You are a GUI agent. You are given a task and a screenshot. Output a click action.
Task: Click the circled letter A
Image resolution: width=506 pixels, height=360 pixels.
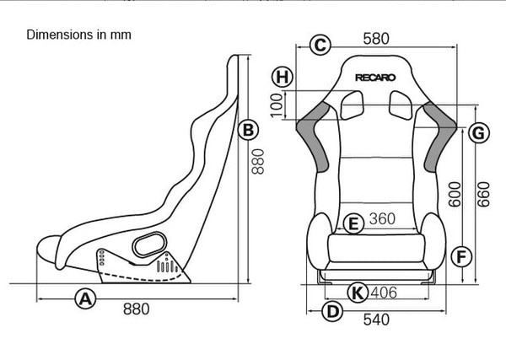coord(85,299)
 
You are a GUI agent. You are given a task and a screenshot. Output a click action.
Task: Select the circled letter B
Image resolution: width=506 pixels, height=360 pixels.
coord(248,131)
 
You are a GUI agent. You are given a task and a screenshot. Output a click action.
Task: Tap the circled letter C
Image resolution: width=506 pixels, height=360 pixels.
coord(320,45)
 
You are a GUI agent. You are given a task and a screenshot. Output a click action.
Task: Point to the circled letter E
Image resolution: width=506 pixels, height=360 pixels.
coord(353,223)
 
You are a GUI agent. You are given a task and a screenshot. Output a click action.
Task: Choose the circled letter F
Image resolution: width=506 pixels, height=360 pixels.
coord(461,257)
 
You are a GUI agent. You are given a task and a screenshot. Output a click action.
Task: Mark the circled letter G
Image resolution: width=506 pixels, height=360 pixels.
coord(478,132)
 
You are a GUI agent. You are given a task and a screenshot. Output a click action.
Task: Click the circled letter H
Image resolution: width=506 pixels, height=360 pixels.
coord(283,77)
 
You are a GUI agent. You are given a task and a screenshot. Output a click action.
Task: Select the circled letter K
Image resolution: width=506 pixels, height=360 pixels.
coord(358,293)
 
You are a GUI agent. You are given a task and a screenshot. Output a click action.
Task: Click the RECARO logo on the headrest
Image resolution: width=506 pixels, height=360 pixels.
coord(375,78)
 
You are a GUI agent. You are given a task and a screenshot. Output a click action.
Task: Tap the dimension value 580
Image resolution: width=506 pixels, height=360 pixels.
coord(376,39)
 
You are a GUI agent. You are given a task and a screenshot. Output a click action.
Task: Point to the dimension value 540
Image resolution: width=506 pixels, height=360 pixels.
coord(376,320)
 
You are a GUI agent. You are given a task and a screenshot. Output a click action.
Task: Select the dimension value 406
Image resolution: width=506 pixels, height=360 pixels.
coord(384,293)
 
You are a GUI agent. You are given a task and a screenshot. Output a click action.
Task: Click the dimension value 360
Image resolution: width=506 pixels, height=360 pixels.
coord(382,218)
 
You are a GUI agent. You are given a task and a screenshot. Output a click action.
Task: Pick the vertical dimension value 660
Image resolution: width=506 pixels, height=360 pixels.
coord(484,194)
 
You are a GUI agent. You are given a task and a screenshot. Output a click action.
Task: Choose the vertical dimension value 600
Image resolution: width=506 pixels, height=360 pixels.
coord(455,194)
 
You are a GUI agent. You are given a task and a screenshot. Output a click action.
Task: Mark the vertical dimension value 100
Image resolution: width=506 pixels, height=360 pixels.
coord(277,105)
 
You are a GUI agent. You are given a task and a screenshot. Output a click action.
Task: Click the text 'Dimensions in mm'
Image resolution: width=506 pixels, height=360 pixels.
coord(78,35)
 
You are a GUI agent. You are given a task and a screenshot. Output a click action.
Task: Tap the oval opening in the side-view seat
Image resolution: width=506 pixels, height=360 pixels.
coord(150,244)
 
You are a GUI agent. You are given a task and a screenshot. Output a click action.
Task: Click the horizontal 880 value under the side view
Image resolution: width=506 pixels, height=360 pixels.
coord(136,309)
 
